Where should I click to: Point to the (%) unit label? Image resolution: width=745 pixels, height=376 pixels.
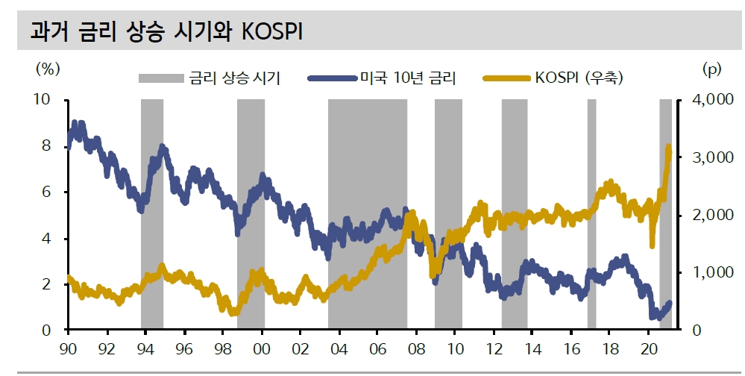tap(47, 69)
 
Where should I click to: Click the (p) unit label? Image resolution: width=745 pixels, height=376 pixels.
tap(712, 69)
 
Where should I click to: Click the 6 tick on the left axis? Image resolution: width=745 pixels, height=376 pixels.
tap(48, 192)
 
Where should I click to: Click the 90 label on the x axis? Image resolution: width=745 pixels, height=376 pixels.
tap(68, 348)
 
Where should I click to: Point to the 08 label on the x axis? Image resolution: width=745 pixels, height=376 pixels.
tap(416, 348)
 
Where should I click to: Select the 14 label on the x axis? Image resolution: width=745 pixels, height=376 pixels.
tap(532, 348)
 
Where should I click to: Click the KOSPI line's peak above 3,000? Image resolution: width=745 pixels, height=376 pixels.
tap(668, 148)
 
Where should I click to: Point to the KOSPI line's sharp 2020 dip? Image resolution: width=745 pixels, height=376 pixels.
tap(653, 245)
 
